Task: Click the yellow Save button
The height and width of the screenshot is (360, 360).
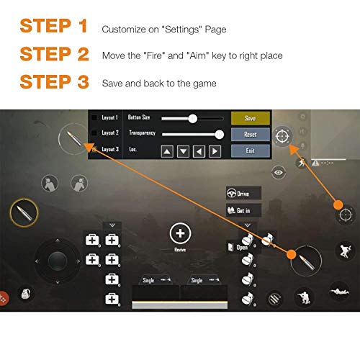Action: (x=251, y=118)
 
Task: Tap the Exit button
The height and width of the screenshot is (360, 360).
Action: (x=251, y=150)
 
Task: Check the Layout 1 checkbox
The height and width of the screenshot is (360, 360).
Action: (x=94, y=117)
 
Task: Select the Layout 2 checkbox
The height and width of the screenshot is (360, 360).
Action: (x=94, y=133)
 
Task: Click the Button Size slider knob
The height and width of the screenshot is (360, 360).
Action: (x=192, y=117)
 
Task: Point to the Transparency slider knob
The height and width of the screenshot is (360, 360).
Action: (x=220, y=133)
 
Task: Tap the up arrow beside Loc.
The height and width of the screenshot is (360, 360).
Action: (x=167, y=150)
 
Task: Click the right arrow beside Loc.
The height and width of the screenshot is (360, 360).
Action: (x=215, y=150)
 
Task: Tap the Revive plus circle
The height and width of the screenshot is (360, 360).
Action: (x=180, y=233)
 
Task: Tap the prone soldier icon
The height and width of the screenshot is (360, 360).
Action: (x=338, y=291)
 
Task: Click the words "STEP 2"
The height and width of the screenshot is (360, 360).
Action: (x=53, y=54)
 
